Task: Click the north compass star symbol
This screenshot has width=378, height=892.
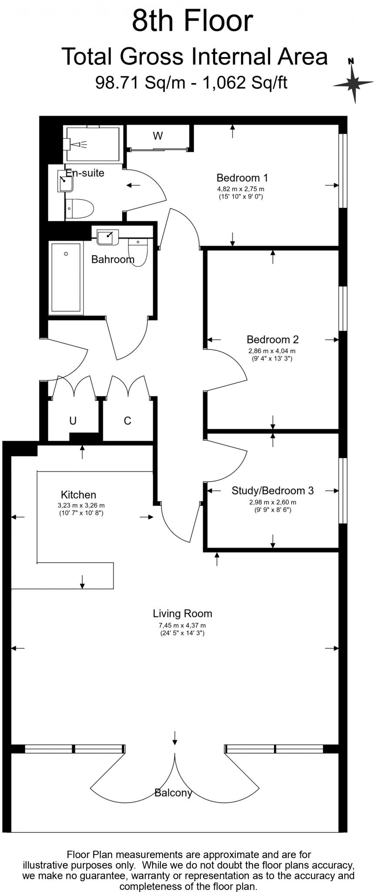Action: tap(353, 81)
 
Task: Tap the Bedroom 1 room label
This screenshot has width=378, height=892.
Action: tap(242, 178)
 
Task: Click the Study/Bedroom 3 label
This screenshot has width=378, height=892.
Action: tap(272, 490)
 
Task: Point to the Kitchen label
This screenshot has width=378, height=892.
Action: tap(78, 495)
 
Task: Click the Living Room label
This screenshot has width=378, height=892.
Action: tap(182, 614)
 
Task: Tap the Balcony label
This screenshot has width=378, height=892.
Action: tap(173, 793)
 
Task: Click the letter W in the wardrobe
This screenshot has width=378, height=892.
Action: tap(157, 136)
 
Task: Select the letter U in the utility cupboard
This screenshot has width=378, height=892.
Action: tap(73, 421)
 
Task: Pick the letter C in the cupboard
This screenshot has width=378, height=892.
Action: tap(127, 421)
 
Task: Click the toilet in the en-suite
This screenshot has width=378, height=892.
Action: tap(80, 209)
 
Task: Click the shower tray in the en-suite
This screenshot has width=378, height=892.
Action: tap(92, 144)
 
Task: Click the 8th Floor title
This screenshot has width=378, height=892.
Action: tap(192, 21)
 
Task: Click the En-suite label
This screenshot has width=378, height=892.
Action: tap(85, 173)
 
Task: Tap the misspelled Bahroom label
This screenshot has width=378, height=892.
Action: tap(113, 260)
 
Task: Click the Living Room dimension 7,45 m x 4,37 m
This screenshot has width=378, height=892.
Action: tap(182, 625)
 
